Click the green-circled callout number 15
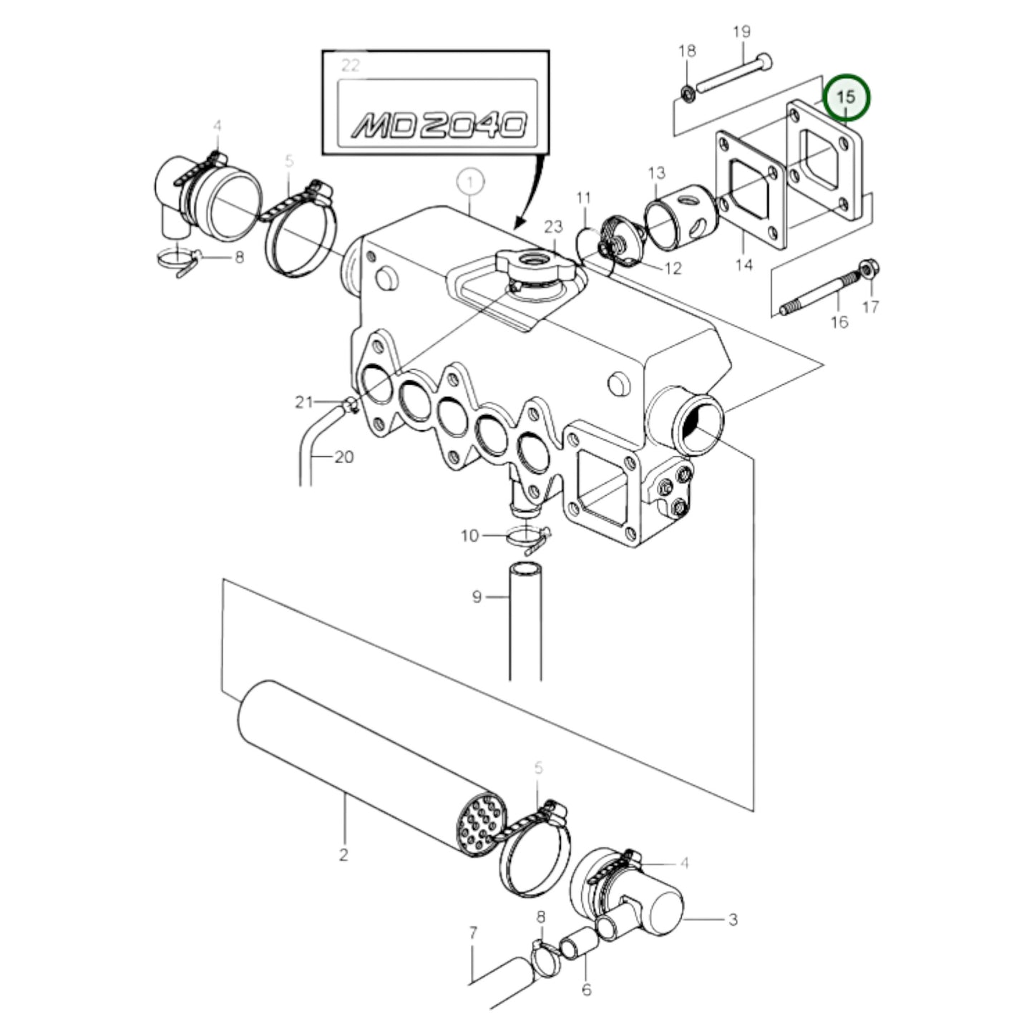[x=846, y=97]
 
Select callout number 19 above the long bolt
[x=741, y=31]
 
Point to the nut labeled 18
[x=688, y=94]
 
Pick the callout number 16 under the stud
[x=840, y=323]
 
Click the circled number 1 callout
[x=470, y=183]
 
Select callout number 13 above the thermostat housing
[x=657, y=172]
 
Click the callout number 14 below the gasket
[x=744, y=265]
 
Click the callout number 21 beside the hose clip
[x=303, y=401]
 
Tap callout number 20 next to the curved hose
[x=344, y=457]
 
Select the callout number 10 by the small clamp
[x=469, y=535]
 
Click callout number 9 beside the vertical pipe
[x=477, y=598]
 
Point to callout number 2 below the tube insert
[x=343, y=854]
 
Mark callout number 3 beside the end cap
[x=733, y=920]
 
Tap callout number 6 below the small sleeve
[x=587, y=988]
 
